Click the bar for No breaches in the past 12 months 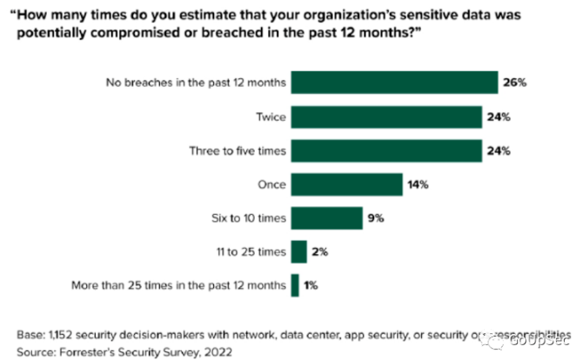(x=394, y=83)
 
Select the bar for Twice (x=386, y=117)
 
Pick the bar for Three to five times (x=386, y=150)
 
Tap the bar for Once (x=347, y=183)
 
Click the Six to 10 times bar (x=327, y=217)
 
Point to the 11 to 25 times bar (x=299, y=251)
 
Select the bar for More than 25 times (x=295, y=284)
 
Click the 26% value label (x=514, y=83)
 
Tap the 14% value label (x=419, y=183)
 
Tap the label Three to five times (x=238, y=150)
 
